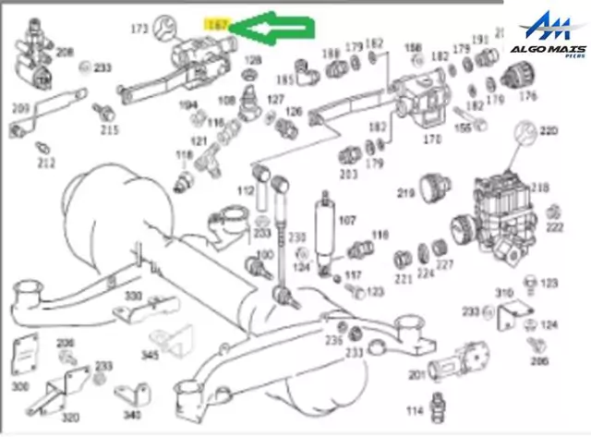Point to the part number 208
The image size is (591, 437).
[x=64, y=52]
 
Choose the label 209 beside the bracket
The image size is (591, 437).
[x=20, y=108]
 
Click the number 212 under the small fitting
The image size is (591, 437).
[x=46, y=164]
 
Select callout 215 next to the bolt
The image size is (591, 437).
[x=110, y=130]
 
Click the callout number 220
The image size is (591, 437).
[x=549, y=131]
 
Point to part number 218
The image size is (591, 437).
[x=539, y=188]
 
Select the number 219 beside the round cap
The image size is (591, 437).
[x=404, y=193]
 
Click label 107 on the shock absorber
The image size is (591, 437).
[x=347, y=221]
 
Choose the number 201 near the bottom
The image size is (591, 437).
[x=416, y=374]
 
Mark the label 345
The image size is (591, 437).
[x=150, y=355]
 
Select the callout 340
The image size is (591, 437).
[x=134, y=415]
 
